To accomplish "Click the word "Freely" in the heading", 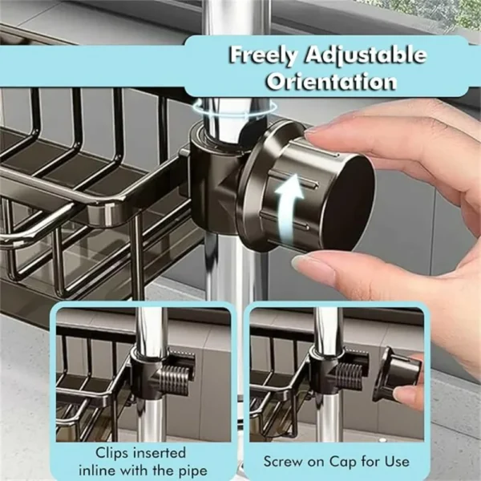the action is pos(264,55).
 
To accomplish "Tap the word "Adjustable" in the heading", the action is pos(365,55).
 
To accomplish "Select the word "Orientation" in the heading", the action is pos(331,81).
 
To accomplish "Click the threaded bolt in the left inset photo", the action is pos(174,380).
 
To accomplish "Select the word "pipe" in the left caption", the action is pos(193,471).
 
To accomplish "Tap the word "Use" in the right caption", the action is pos(397,462).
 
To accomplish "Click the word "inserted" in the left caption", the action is pos(163,453).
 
